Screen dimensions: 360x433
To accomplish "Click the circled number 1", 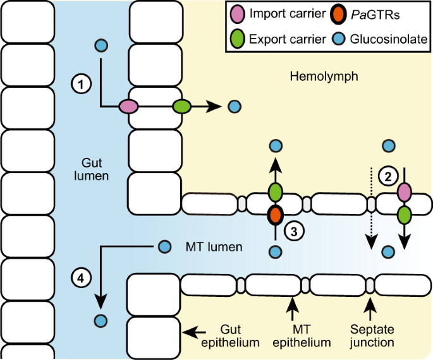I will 82,82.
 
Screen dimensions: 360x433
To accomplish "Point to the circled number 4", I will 80,276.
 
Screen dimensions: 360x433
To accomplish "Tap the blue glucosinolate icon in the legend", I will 339,39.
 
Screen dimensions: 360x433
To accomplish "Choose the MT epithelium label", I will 306,336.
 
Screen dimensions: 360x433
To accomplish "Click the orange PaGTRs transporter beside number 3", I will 275,215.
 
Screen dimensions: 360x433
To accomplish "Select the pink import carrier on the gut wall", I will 129,107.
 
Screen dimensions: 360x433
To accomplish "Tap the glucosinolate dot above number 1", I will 101,45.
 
